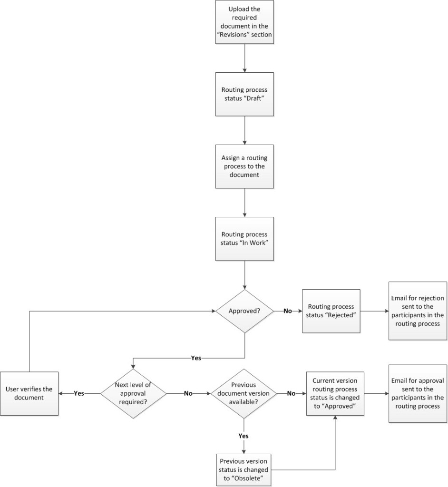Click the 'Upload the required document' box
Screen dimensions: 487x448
[x=244, y=22]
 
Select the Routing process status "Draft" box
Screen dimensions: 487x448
[x=244, y=94]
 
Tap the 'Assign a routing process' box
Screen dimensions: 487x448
[x=244, y=166]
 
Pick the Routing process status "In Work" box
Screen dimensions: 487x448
[x=244, y=238]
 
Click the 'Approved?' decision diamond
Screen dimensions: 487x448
[x=244, y=311]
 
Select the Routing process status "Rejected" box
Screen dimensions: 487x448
[x=331, y=311]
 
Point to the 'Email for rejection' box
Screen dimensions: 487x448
[x=418, y=311]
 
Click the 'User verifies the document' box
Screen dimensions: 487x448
[x=29, y=393]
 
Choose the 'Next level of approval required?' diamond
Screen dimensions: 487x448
[x=133, y=393]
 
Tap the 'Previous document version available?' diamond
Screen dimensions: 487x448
[x=244, y=393]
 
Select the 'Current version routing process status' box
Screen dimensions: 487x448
[x=336, y=393]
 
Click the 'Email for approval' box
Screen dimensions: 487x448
[x=418, y=393]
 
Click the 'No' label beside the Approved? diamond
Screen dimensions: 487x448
[x=287, y=311]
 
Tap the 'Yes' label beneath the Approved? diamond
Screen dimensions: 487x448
[x=195, y=358]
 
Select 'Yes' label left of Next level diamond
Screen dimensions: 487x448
[x=79, y=393]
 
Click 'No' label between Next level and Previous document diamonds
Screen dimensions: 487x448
[x=188, y=393]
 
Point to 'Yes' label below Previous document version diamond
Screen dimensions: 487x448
[x=243, y=435]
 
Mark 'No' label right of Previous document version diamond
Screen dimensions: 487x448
[x=291, y=393]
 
